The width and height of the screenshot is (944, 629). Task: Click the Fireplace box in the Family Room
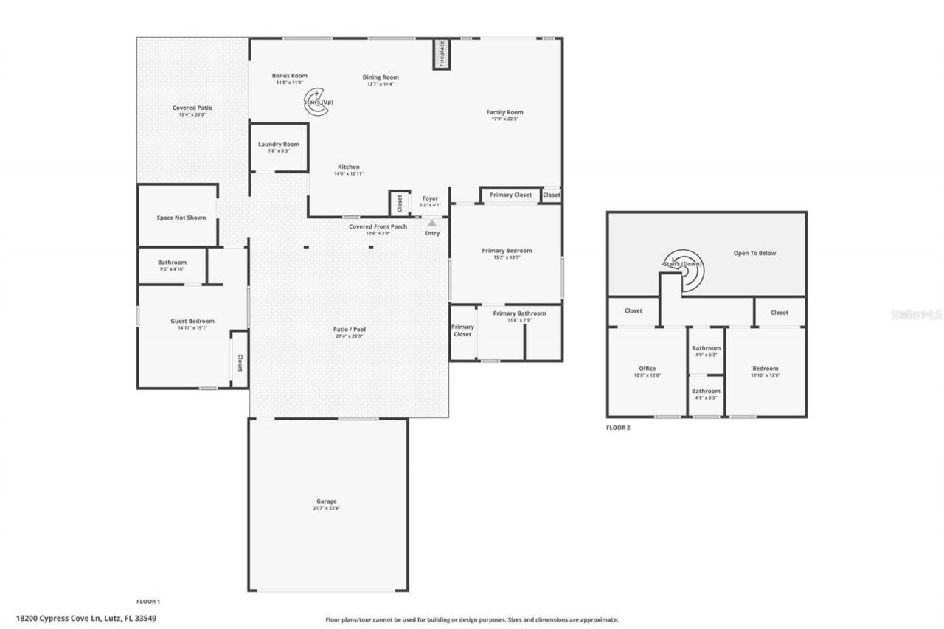[x=441, y=55]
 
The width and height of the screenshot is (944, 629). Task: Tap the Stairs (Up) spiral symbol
[x=316, y=101]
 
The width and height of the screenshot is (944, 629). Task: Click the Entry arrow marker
[x=432, y=222]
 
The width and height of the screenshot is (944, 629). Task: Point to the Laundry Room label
[x=278, y=144]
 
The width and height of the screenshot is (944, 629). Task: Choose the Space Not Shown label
[x=181, y=218]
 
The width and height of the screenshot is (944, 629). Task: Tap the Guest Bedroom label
[x=192, y=321]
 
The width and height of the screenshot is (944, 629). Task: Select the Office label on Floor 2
[x=647, y=369]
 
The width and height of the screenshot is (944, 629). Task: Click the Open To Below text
[x=754, y=253]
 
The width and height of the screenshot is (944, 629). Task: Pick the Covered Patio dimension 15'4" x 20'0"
[x=192, y=114]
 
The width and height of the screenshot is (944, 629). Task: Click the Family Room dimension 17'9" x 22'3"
[x=504, y=119]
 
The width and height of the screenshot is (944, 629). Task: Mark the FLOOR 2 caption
[x=618, y=428]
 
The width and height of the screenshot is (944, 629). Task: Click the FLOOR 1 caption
[x=147, y=602]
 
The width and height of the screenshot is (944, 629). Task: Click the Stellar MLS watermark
[x=916, y=314]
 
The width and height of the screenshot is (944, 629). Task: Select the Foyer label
[x=429, y=198]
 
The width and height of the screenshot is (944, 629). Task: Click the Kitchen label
[x=349, y=167]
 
